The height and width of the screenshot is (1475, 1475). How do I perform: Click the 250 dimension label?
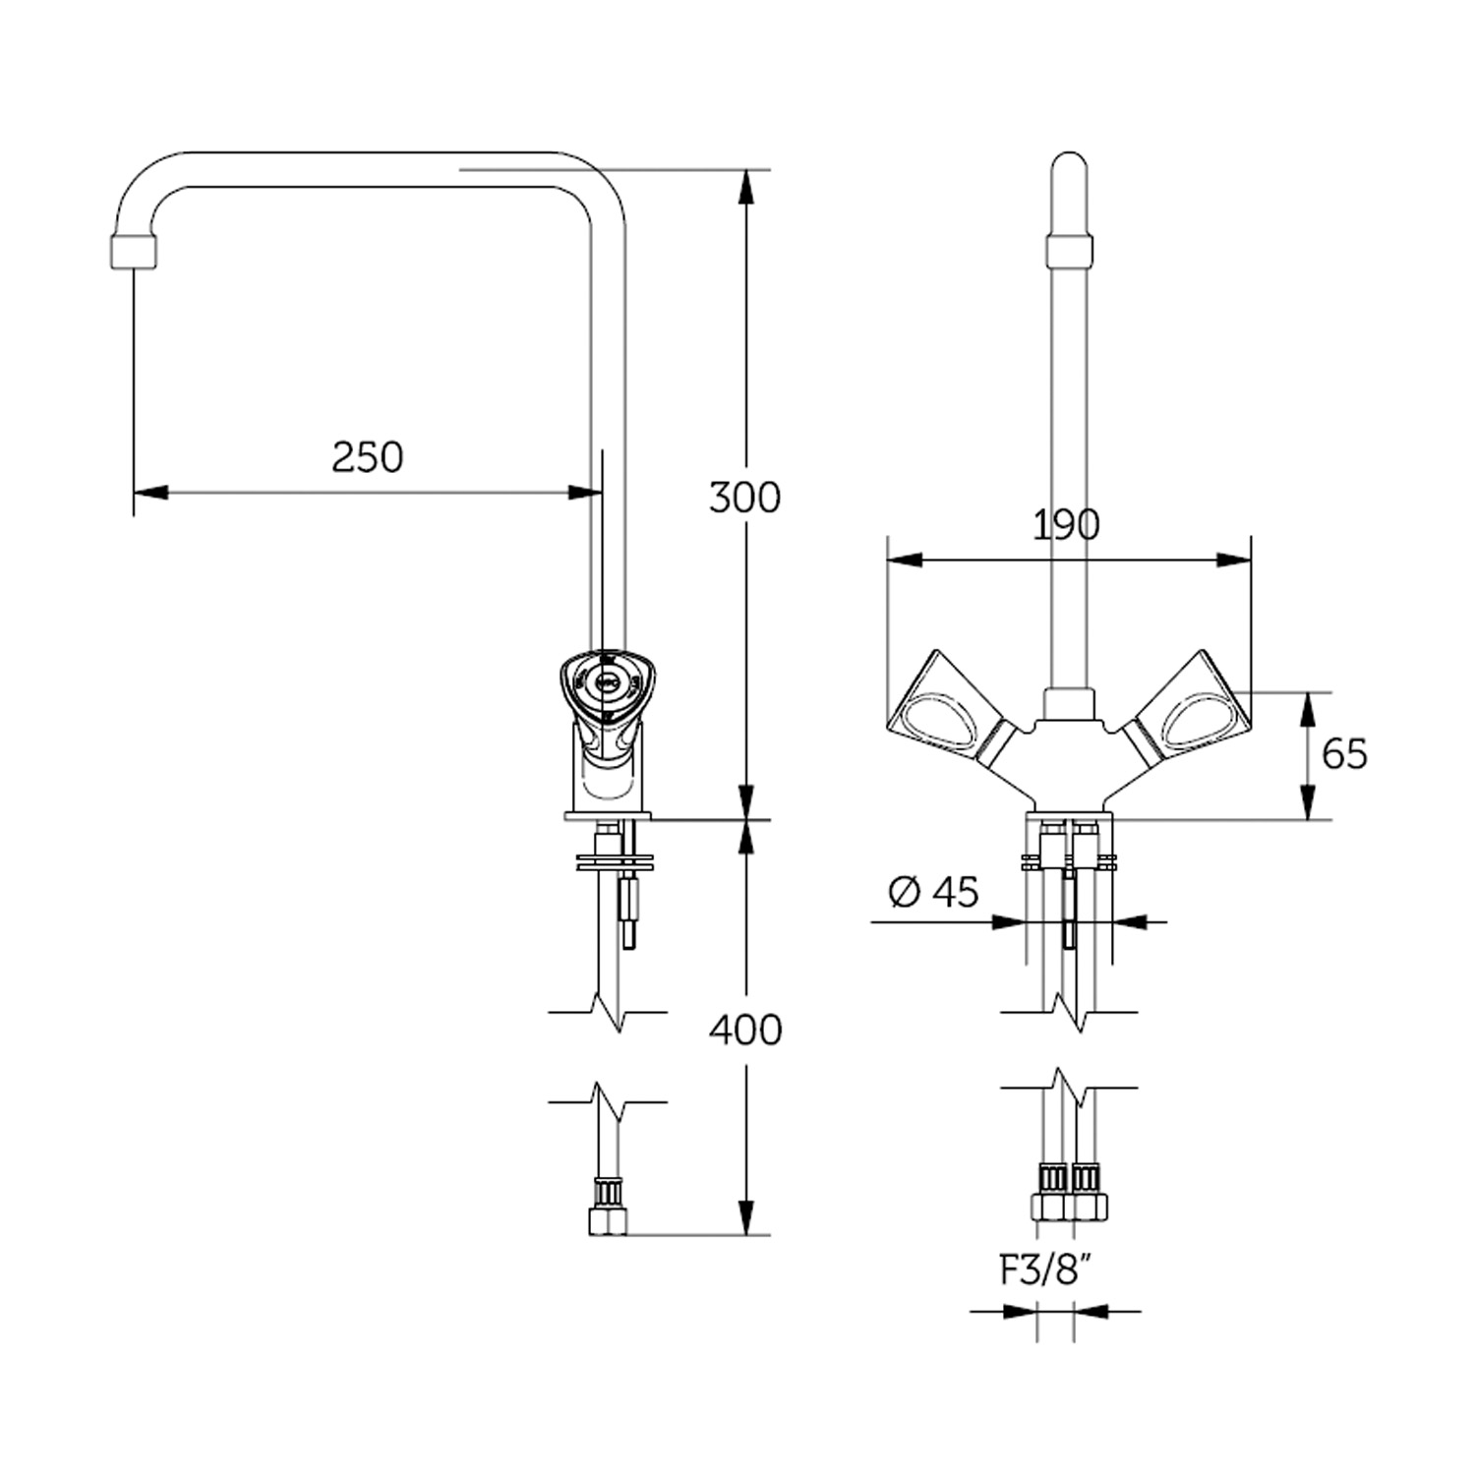367,457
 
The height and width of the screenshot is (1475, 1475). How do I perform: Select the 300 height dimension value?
744,499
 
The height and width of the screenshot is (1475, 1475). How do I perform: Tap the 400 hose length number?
745,1030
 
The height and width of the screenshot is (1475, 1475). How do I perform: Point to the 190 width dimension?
1066,525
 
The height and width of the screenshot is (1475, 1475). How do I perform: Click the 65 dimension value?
1344,754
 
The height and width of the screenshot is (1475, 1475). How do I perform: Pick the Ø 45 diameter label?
933,892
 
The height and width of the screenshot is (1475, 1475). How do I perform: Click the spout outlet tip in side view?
133,251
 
